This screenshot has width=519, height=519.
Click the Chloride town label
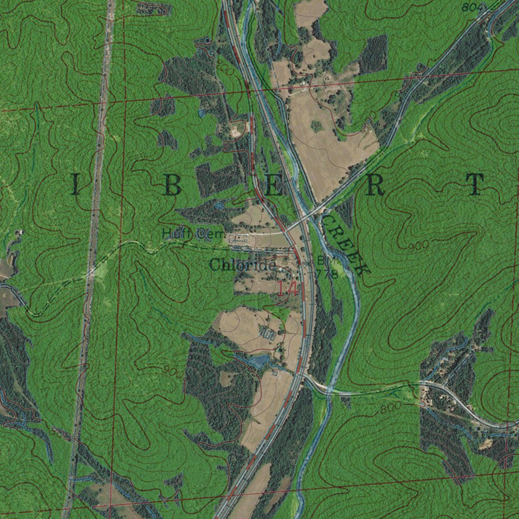pyautogui.click(x=242, y=265)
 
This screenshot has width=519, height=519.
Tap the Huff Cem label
pyautogui.click(x=186, y=234)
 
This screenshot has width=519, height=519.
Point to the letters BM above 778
pyautogui.click(x=323, y=260)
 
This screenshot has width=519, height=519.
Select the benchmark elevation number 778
pyautogui.click(x=326, y=274)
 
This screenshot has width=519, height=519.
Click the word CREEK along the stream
pyautogui.click(x=345, y=243)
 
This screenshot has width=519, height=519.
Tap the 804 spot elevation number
pyautogui.click(x=471, y=7)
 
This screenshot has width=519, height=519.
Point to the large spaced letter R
pyautogui.click(x=376, y=186)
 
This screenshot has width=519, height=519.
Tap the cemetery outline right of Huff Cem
pyautogui.click(x=239, y=239)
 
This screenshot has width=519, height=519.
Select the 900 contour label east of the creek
pyautogui.click(x=419, y=246)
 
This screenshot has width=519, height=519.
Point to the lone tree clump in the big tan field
pyautogui.click(x=316, y=125)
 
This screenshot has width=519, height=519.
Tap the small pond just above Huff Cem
pyautogui.click(x=219, y=205)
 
